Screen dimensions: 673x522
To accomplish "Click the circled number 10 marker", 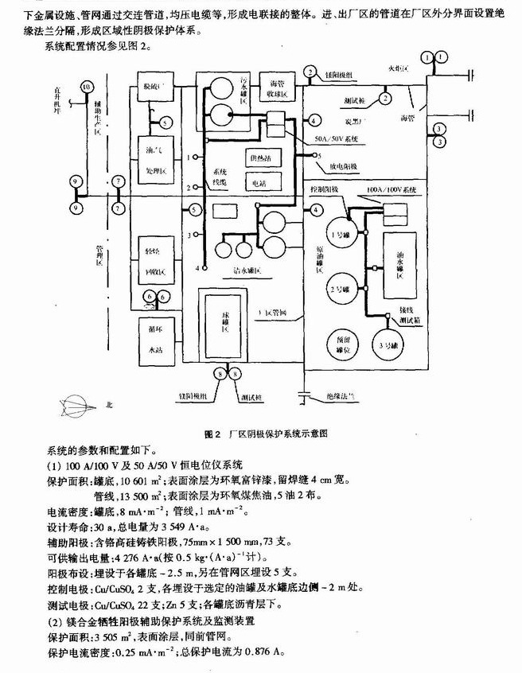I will point(87,86).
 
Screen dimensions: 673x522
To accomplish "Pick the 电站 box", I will point(260,182).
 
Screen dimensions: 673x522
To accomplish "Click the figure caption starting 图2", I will point(265,434).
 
